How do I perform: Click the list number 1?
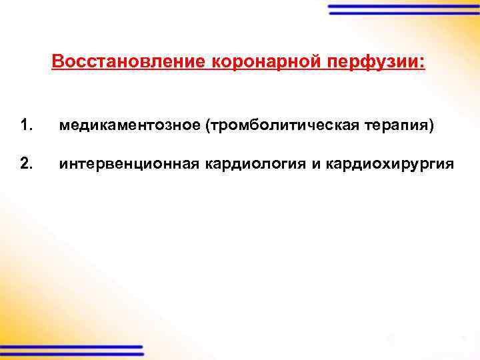pyautogui.click(x=25, y=125)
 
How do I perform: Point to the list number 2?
pyautogui.click(x=25, y=164)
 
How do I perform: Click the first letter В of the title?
pyautogui.click(x=57, y=63)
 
